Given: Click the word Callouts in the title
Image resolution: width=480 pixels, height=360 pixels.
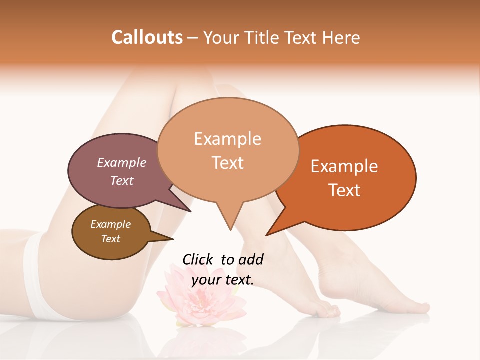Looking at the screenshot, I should (x=147, y=37).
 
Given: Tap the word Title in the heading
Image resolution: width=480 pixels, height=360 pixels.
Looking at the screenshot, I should (x=264, y=37).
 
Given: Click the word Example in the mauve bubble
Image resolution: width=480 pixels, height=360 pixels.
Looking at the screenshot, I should (x=121, y=162).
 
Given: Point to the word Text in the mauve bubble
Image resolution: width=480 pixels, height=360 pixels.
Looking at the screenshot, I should (x=121, y=180).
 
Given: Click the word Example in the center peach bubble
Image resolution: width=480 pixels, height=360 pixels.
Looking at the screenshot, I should (x=227, y=139).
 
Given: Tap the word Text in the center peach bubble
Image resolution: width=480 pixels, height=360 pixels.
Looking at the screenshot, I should (x=227, y=162).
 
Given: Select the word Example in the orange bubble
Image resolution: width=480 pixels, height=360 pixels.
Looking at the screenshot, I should (x=344, y=166).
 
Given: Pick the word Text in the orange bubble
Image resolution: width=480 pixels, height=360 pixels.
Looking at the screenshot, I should (x=344, y=190).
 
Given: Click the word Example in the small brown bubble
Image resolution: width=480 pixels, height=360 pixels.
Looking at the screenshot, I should (x=110, y=224).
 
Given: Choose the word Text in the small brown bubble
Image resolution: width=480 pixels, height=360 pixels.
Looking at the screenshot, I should (x=110, y=239).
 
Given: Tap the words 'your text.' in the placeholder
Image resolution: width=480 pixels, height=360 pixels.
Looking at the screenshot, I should (x=223, y=280).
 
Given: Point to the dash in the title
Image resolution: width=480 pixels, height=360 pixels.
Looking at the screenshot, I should (x=193, y=37).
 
